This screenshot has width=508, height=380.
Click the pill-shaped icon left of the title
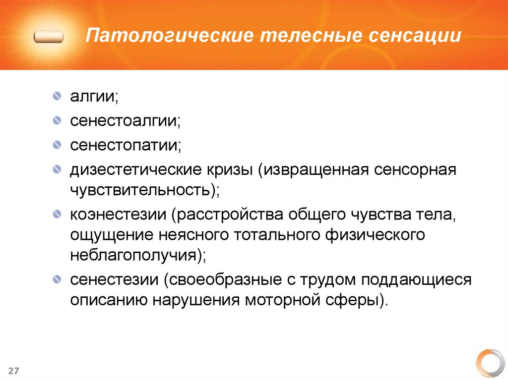pyautogui.click(x=49, y=37)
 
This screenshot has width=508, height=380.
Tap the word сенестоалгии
pyautogui.click(x=125, y=120)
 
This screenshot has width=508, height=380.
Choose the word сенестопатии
pyautogui.click(x=125, y=146)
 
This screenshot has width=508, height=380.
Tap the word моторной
pyautogui.click(x=281, y=299)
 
